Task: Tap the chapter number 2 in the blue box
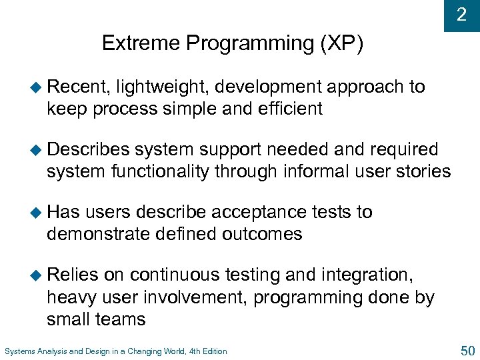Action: [461, 15]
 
